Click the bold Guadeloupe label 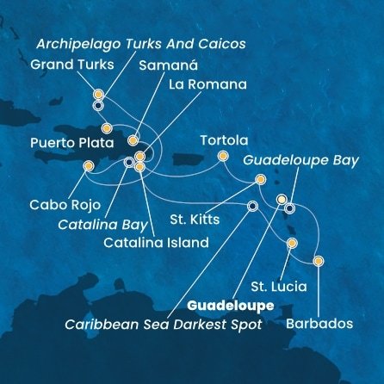[x=230, y=306]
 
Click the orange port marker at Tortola [x=223, y=156]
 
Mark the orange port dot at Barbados [x=319, y=261]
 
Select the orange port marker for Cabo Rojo [x=88, y=167]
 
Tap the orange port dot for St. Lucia [x=292, y=243]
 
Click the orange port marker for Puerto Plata [x=106, y=128]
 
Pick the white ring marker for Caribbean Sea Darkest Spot [x=251, y=207]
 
